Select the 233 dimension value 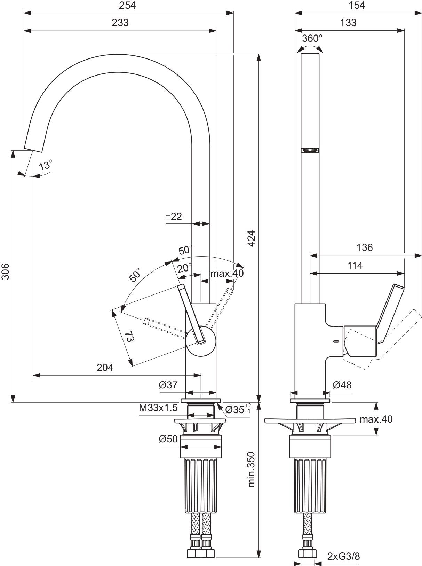click(120, 23)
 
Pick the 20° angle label click(184, 268)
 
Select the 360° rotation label click(312, 38)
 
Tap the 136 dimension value click(364, 247)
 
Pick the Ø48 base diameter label click(342, 385)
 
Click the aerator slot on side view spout click(310, 150)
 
